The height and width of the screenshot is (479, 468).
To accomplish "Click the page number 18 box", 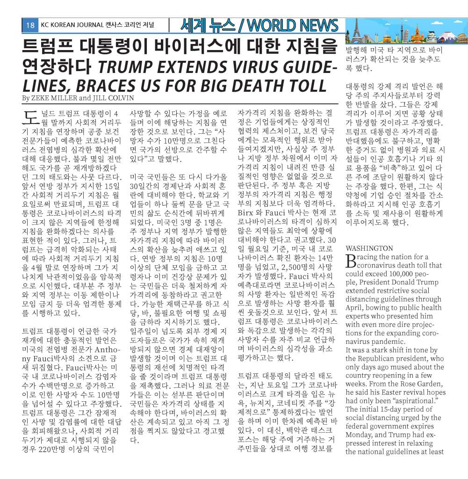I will point(30,25).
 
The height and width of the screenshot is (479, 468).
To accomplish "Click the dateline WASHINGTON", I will point(369,248).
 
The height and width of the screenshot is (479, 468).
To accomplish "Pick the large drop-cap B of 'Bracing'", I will point(350,261).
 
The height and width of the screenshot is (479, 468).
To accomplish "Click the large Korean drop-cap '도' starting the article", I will point(30,117).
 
